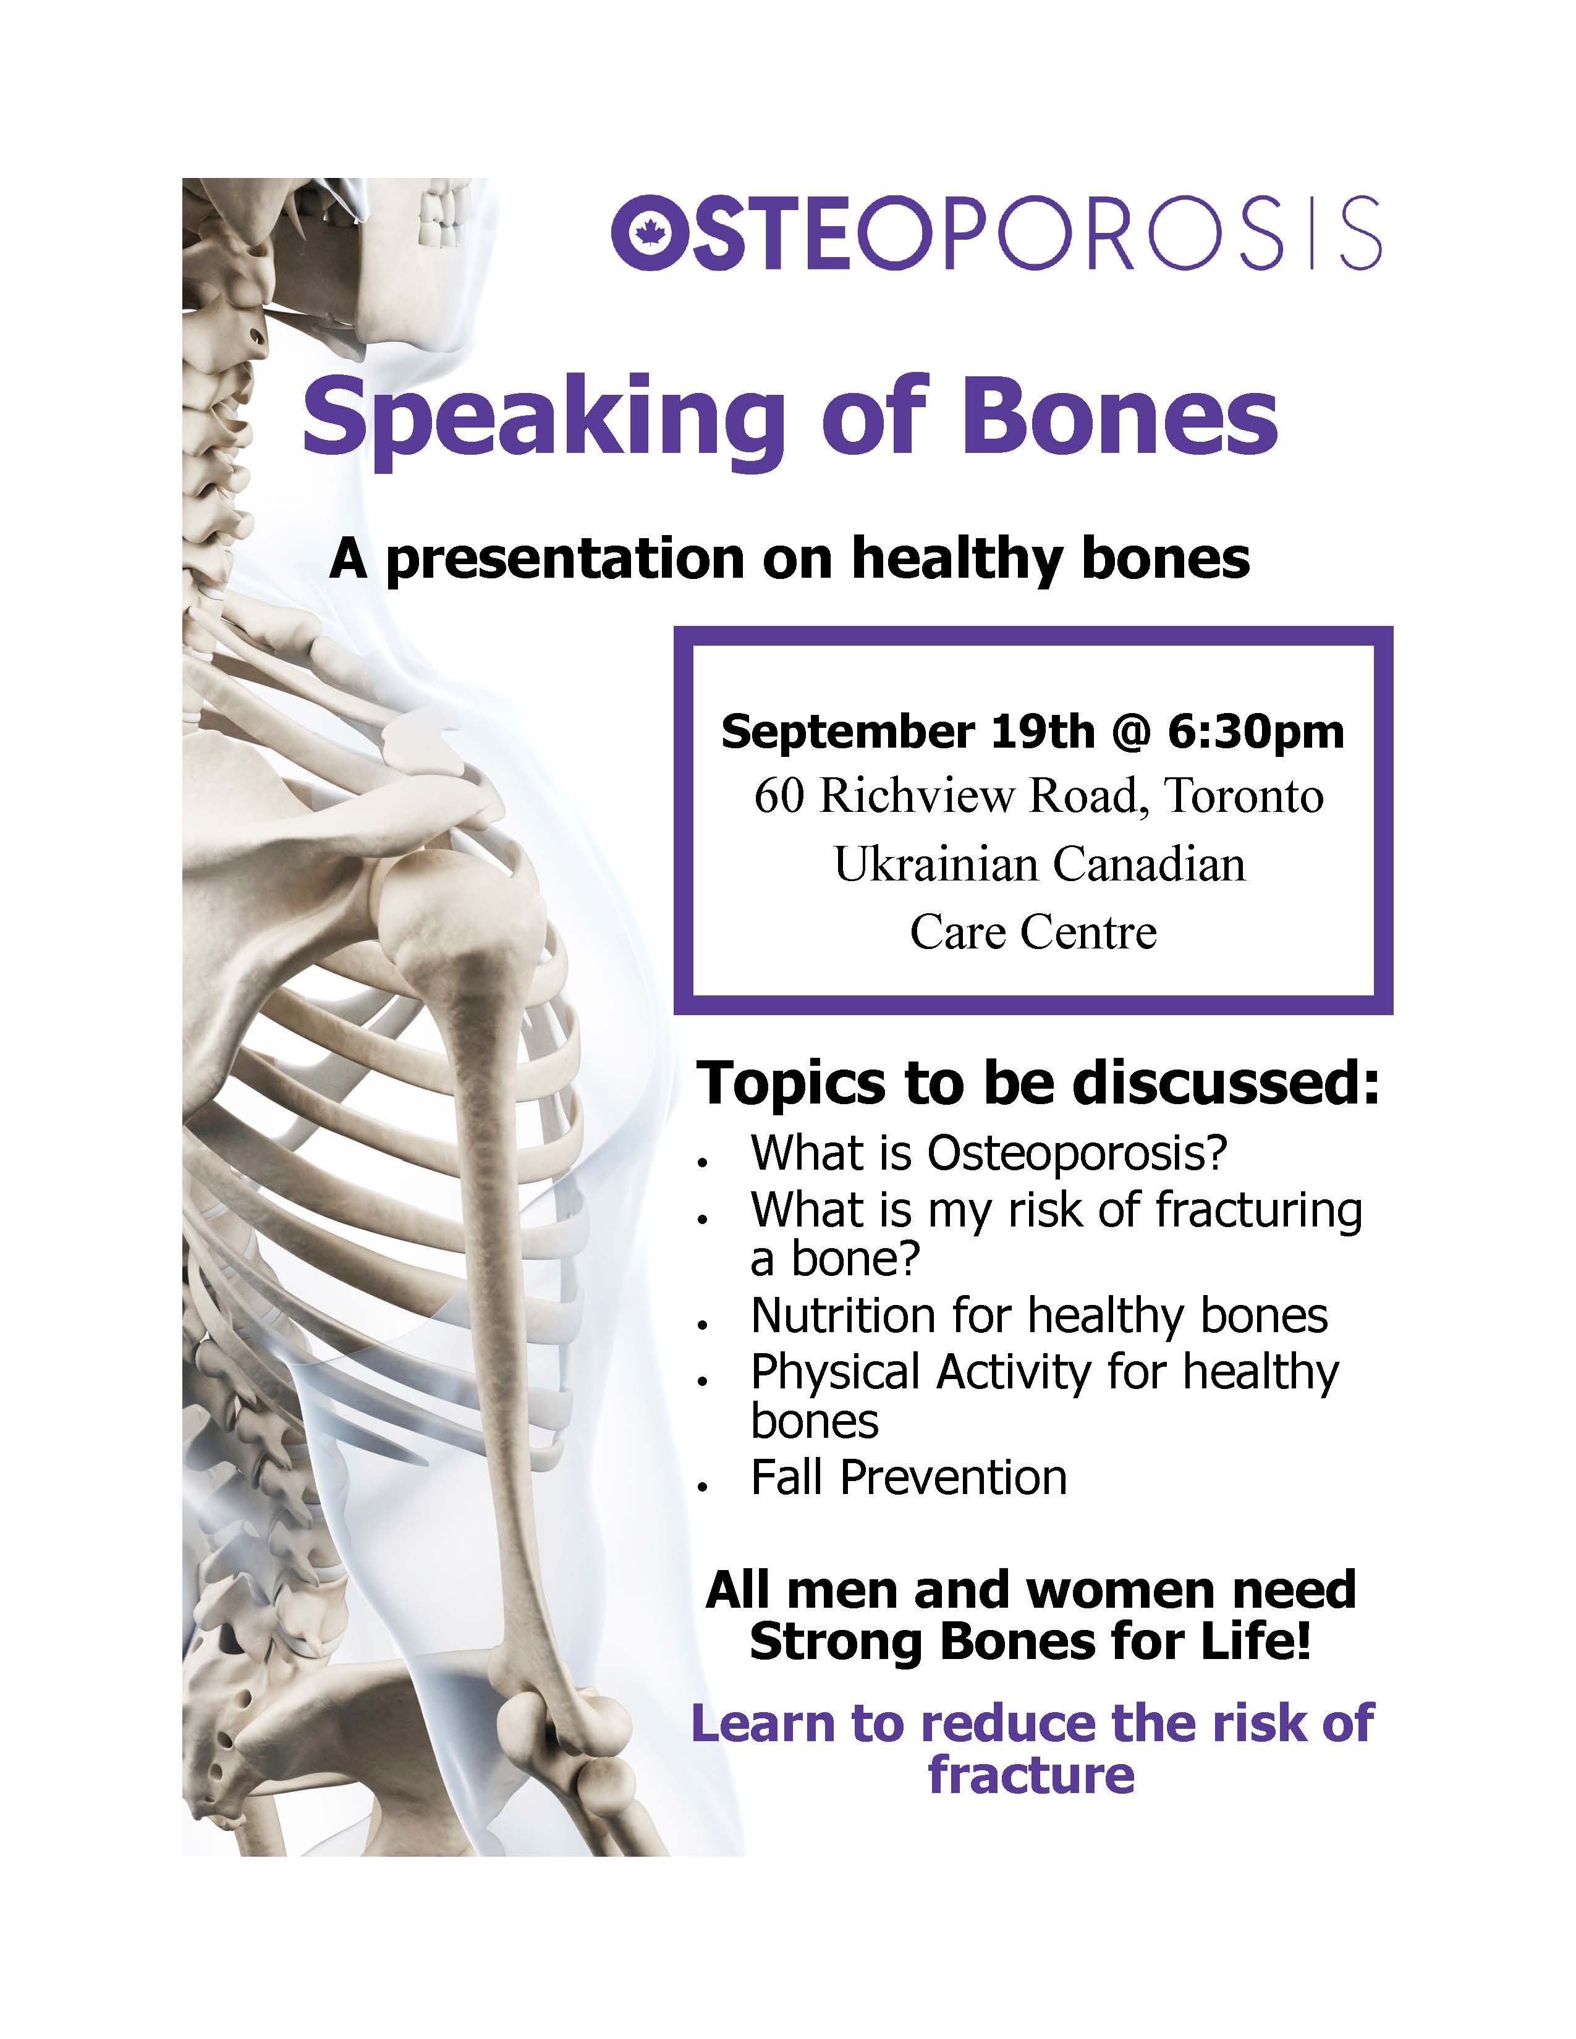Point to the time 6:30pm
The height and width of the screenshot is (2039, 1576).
[1256, 731]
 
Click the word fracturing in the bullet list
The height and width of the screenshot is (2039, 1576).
[1260, 1212]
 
